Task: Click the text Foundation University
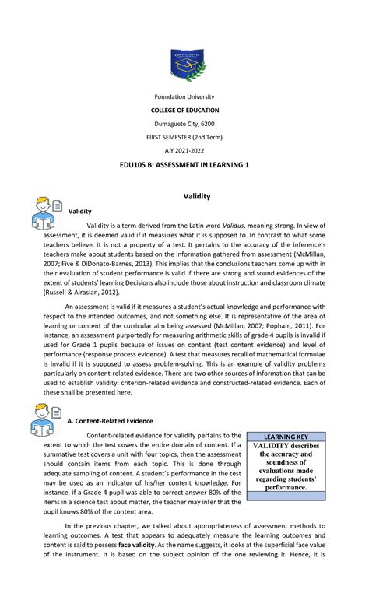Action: (x=184, y=96)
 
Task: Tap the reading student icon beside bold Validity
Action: (x=47, y=212)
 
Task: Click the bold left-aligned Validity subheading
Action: (x=80, y=212)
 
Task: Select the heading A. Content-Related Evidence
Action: (x=110, y=421)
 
